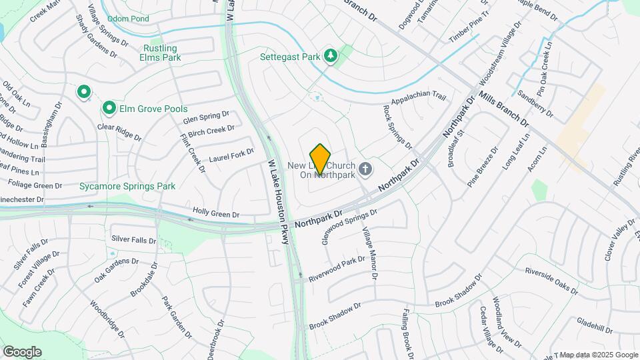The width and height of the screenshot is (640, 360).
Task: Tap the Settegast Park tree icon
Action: point(329,56)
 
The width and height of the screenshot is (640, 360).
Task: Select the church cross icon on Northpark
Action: point(365,169)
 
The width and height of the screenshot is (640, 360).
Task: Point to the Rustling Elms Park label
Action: point(160,53)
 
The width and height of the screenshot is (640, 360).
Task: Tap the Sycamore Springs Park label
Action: point(127,186)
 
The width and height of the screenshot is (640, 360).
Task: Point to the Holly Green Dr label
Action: point(215,214)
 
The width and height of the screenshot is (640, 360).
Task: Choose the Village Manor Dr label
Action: point(369,253)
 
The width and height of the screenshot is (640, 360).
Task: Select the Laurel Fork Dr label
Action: point(232,156)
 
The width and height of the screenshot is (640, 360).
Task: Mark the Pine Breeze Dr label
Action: point(483,167)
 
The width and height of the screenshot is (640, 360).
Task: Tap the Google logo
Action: point(22,351)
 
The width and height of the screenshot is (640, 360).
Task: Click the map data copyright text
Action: point(598,355)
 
